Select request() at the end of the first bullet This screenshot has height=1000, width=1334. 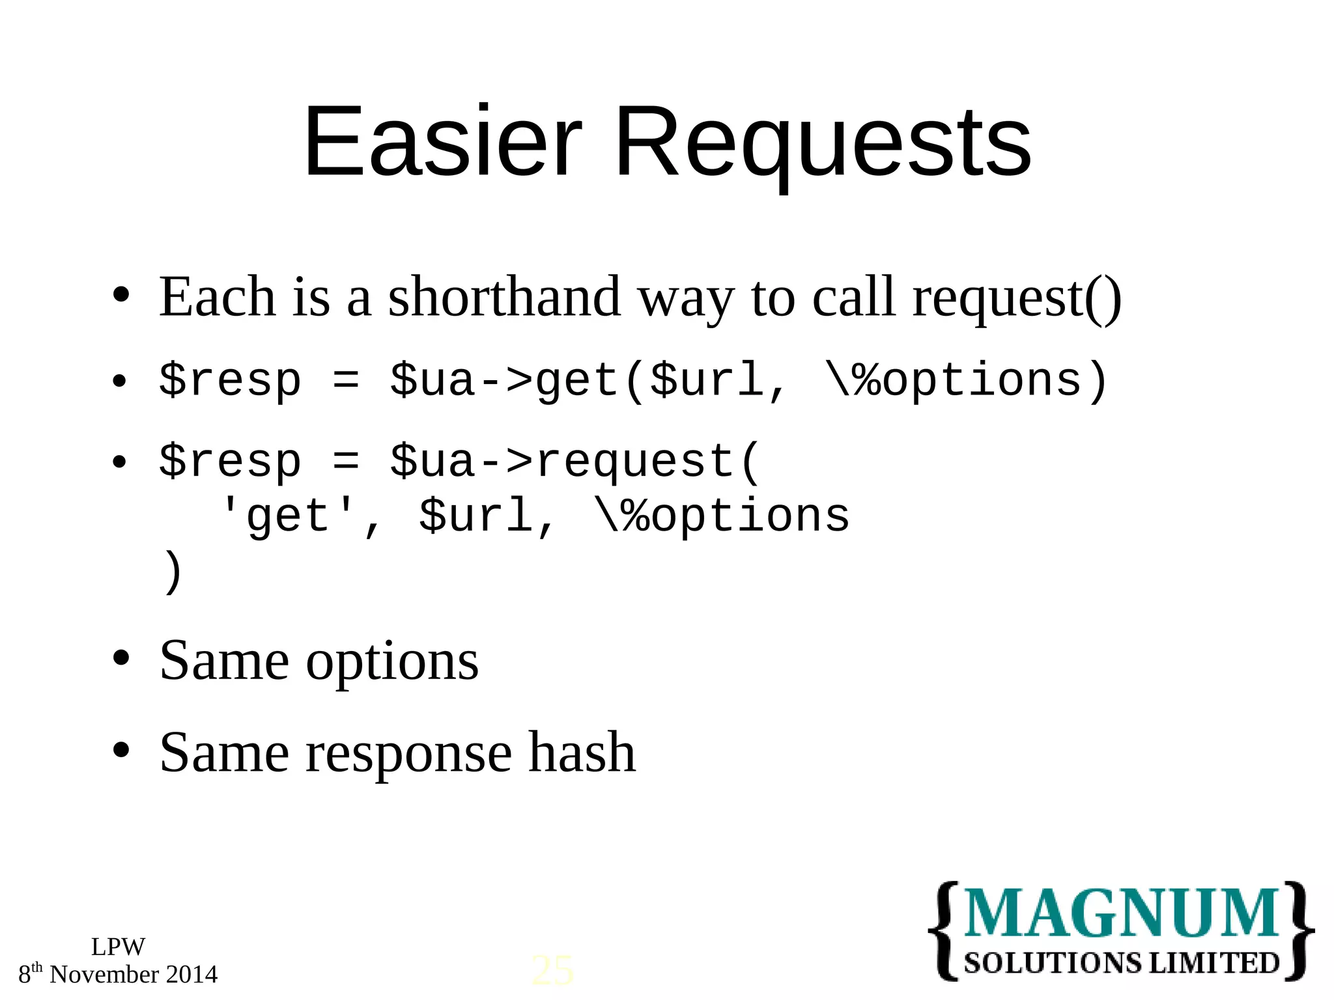(x=1016, y=298)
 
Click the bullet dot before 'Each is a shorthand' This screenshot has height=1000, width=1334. (x=121, y=295)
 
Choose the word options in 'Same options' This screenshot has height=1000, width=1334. (x=392, y=661)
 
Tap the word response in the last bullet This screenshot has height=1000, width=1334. (x=408, y=753)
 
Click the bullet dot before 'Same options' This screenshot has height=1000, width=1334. (x=121, y=658)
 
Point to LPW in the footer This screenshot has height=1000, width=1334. (x=118, y=947)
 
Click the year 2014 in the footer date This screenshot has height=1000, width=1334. (x=192, y=975)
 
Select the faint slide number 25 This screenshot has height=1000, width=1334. (x=552, y=971)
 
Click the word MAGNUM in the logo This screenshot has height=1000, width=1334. (x=1121, y=913)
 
